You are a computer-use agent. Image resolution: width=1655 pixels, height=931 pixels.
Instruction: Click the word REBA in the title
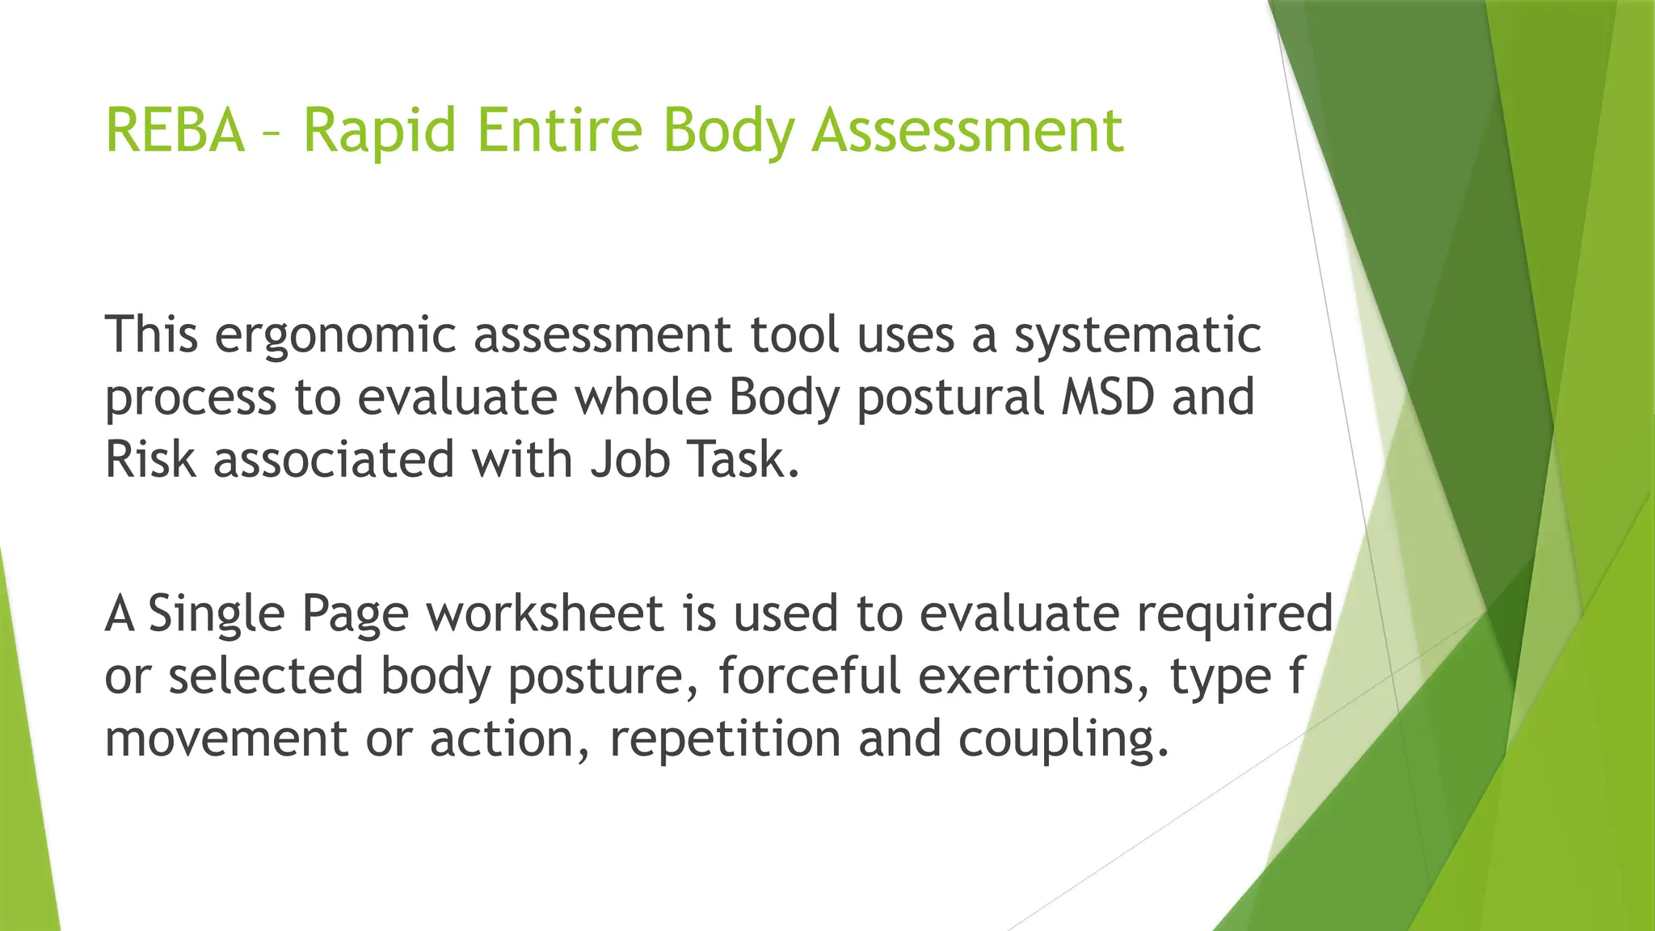pos(175,131)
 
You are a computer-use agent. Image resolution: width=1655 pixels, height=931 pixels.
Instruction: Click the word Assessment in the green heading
pos(966,131)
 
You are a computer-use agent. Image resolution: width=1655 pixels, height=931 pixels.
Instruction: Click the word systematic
pos(1137,336)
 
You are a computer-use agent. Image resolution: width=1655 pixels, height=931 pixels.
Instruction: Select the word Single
pos(216,615)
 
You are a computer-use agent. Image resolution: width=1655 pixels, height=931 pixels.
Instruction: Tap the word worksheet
pos(545,613)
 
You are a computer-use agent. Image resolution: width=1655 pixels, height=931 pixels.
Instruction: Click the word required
pos(1235,615)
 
